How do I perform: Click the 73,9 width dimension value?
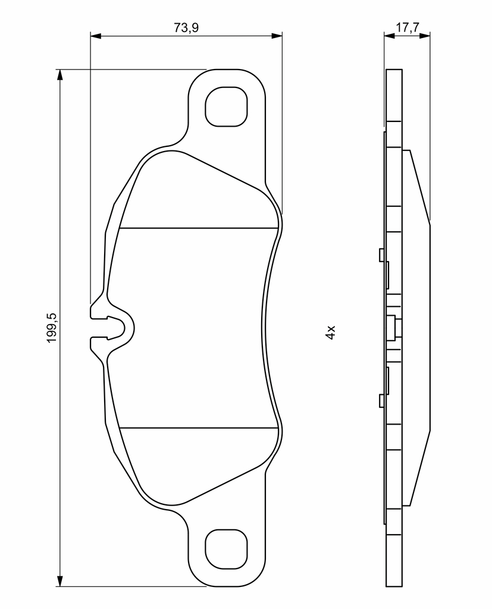pyautogui.click(x=186, y=28)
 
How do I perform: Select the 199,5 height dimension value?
pyautogui.click(x=52, y=328)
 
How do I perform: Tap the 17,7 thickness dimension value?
pyautogui.click(x=407, y=27)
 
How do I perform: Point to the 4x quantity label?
pyautogui.click(x=330, y=333)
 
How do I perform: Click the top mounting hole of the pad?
pyautogui.click(x=226, y=106)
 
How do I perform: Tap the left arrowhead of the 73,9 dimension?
pyautogui.click(x=95, y=36)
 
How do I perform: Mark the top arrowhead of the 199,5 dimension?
pyautogui.click(x=59, y=75)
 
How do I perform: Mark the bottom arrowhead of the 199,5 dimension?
pyautogui.click(x=59, y=581)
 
